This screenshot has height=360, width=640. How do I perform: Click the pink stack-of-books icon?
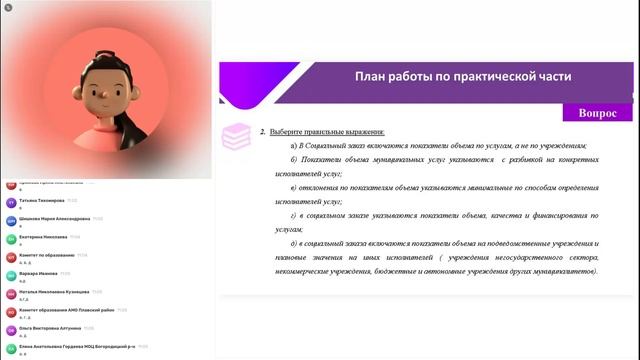(236, 137)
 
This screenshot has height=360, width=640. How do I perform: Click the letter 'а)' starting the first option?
(294, 146)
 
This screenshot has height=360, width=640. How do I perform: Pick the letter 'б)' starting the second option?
(294, 160)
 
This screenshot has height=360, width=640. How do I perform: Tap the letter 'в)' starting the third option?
(294, 187)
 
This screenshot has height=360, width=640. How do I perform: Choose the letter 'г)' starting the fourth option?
(294, 215)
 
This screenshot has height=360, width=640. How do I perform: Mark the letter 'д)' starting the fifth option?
(294, 243)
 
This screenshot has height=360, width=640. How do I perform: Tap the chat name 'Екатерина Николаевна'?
(43, 237)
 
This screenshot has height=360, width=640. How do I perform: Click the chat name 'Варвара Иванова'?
(38, 273)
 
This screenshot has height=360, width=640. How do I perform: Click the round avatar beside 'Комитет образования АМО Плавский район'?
(11, 312)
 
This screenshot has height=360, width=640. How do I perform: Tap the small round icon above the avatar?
(5, 6)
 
